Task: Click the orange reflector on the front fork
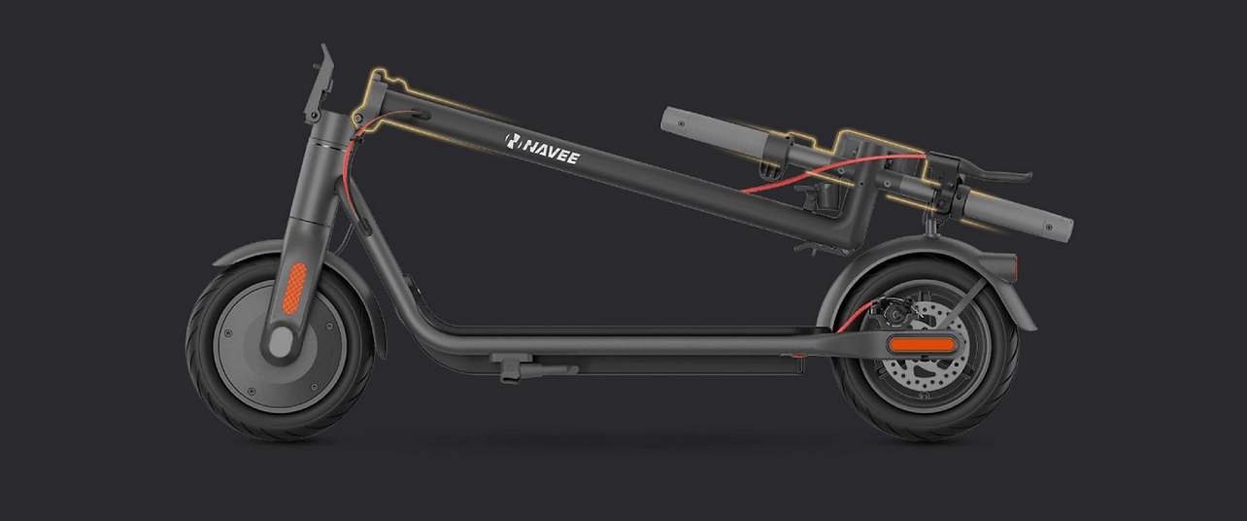294,288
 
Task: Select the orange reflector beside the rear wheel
923,344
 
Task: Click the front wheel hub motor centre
281,341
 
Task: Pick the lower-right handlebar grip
1020,214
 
